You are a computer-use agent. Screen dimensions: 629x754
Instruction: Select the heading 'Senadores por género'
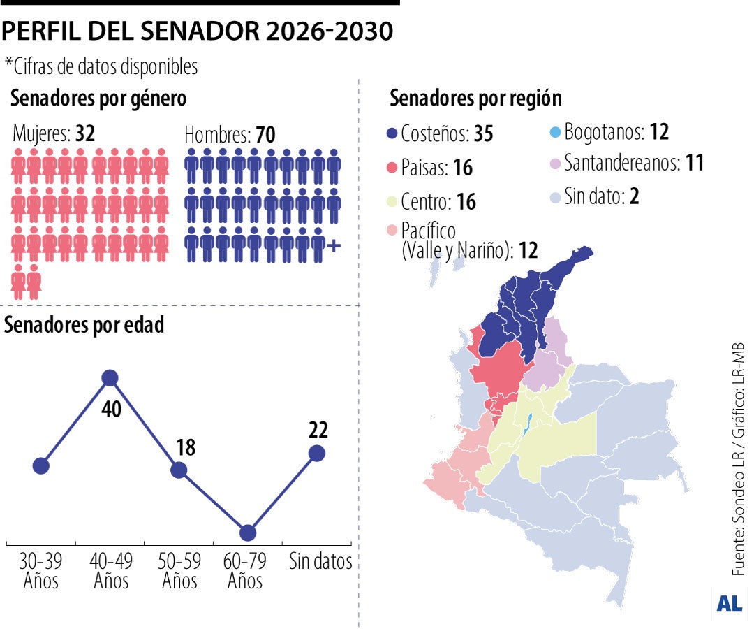point(98,99)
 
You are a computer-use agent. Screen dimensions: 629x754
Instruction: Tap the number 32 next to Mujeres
point(85,133)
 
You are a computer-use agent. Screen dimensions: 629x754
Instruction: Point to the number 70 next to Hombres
point(265,134)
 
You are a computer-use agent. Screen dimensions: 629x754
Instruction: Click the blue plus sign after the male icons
point(334,245)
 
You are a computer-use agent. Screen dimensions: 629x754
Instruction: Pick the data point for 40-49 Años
point(110,378)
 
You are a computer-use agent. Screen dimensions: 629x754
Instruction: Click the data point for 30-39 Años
point(40,465)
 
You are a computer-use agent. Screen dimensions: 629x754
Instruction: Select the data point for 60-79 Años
point(247,533)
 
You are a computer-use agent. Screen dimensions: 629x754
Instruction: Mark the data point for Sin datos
point(316,453)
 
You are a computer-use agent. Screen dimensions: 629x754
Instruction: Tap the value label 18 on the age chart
point(185,448)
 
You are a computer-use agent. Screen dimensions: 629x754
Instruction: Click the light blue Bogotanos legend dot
point(554,131)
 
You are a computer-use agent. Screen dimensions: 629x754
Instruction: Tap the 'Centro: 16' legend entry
point(438,202)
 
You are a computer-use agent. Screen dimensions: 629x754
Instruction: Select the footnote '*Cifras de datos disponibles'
point(101,66)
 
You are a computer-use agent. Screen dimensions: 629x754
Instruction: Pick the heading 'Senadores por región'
point(475,99)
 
